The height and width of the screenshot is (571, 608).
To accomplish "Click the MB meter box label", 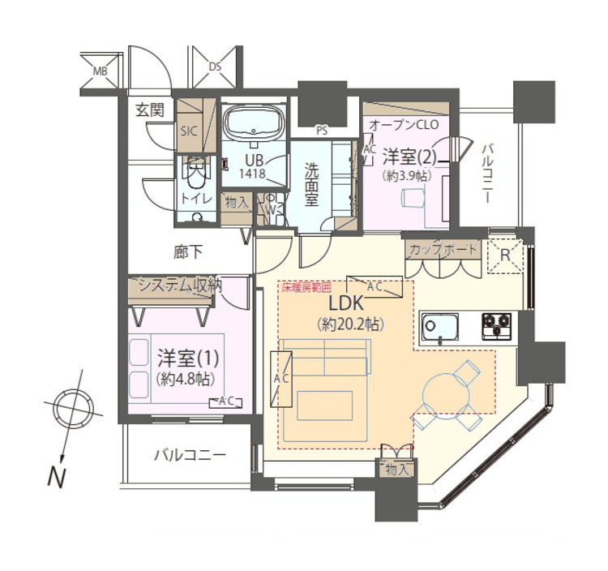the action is pyautogui.click(x=101, y=71).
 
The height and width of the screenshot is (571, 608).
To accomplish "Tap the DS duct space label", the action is pyautogui.click(x=215, y=67).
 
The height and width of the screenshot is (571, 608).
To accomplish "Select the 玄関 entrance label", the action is pyautogui.click(x=150, y=110).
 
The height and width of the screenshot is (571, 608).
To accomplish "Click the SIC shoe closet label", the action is pyautogui.click(x=189, y=131).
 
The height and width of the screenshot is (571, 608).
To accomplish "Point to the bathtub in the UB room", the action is pyautogui.click(x=254, y=123).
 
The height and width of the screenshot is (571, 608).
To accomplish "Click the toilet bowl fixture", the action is pyautogui.click(x=196, y=174).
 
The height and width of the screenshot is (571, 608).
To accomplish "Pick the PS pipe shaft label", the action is pyautogui.click(x=322, y=131).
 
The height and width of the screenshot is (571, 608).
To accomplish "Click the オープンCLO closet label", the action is pyautogui.click(x=404, y=125).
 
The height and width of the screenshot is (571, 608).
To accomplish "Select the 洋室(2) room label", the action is pyautogui.click(x=409, y=157).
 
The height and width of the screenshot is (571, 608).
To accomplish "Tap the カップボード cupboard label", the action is pyautogui.click(x=443, y=250).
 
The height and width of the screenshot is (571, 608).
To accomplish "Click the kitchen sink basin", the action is pyautogui.click(x=439, y=327).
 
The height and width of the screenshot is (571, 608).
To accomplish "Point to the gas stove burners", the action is pyautogui.click(x=497, y=327).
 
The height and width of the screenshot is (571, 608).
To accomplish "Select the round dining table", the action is pyautogui.click(x=446, y=395).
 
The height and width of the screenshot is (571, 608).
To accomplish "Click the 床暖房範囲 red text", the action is pyautogui.click(x=306, y=288).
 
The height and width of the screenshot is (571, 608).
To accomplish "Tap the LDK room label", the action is pyautogui.click(x=347, y=303).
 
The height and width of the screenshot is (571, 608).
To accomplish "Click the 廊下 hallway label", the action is pyautogui.click(x=188, y=252).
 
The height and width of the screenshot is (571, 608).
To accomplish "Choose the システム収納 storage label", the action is pyautogui.click(x=180, y=285).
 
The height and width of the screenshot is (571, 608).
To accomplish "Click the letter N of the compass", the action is pyautogui.click(x=57, y=478).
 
